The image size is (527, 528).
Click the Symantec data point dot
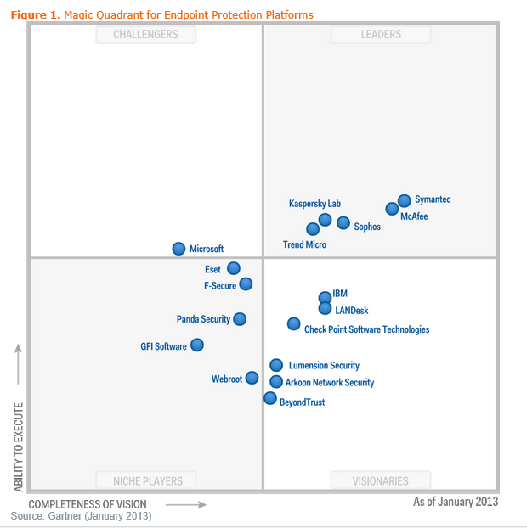(x=405, y=201)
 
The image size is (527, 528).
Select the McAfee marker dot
(x=392, y=209)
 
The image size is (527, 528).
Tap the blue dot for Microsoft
(x=178, y=249)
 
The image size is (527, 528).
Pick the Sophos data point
(x=343, y=223)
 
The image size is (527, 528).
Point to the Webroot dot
(x=252, y=378)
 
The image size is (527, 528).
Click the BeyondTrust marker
(x=270, y=398)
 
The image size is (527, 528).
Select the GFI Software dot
(x=197, y=345)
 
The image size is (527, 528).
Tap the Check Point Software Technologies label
(x=366, y=329)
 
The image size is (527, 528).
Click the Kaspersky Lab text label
(x=314, y=205)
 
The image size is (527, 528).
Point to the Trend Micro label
(x=304, y=244)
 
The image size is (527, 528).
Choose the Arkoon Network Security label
(x=330, y=383)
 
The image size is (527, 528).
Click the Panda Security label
(x=203, y=319)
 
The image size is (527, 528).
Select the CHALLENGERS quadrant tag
(x=145, y=34)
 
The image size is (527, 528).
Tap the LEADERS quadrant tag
(x=380, y=34)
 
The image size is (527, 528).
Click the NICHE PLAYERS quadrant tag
(x=145, y=481)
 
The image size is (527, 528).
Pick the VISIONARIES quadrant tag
(x=380, y=481)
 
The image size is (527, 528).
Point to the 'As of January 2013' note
(x=456, y=502)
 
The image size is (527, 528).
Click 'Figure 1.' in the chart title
(x=35, y=15)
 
